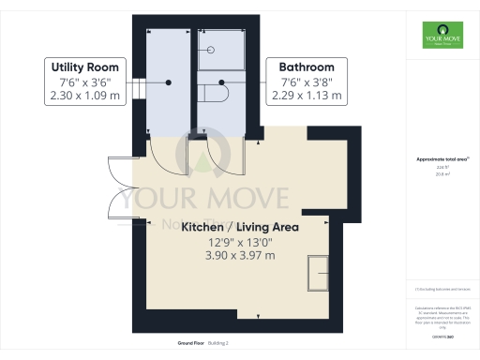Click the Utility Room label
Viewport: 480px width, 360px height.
(85, 67)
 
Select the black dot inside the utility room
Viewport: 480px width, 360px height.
(169, 82)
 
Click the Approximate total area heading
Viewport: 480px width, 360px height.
(433, 159)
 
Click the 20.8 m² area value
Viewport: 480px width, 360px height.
(433, 174)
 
